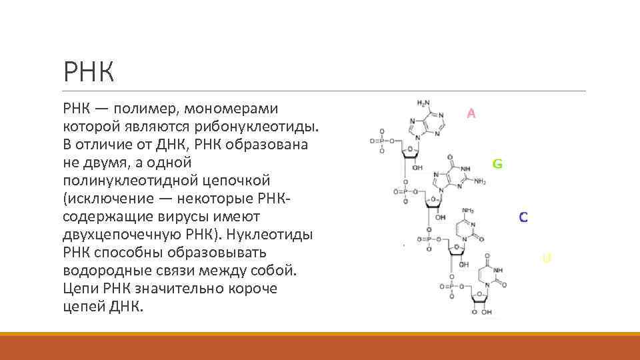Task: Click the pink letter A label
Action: pyautogui.click(x=471, y=114)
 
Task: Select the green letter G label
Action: pyautogui.click(x=497, y=163)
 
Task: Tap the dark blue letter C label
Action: pyautogui.click(x=523, y=217)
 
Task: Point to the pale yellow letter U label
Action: pyautogui.click(x=547, y=258)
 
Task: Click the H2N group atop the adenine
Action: pyautogui.click(x=424, y=103)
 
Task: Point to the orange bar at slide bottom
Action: pyautogui.click(x=320, y=346)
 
